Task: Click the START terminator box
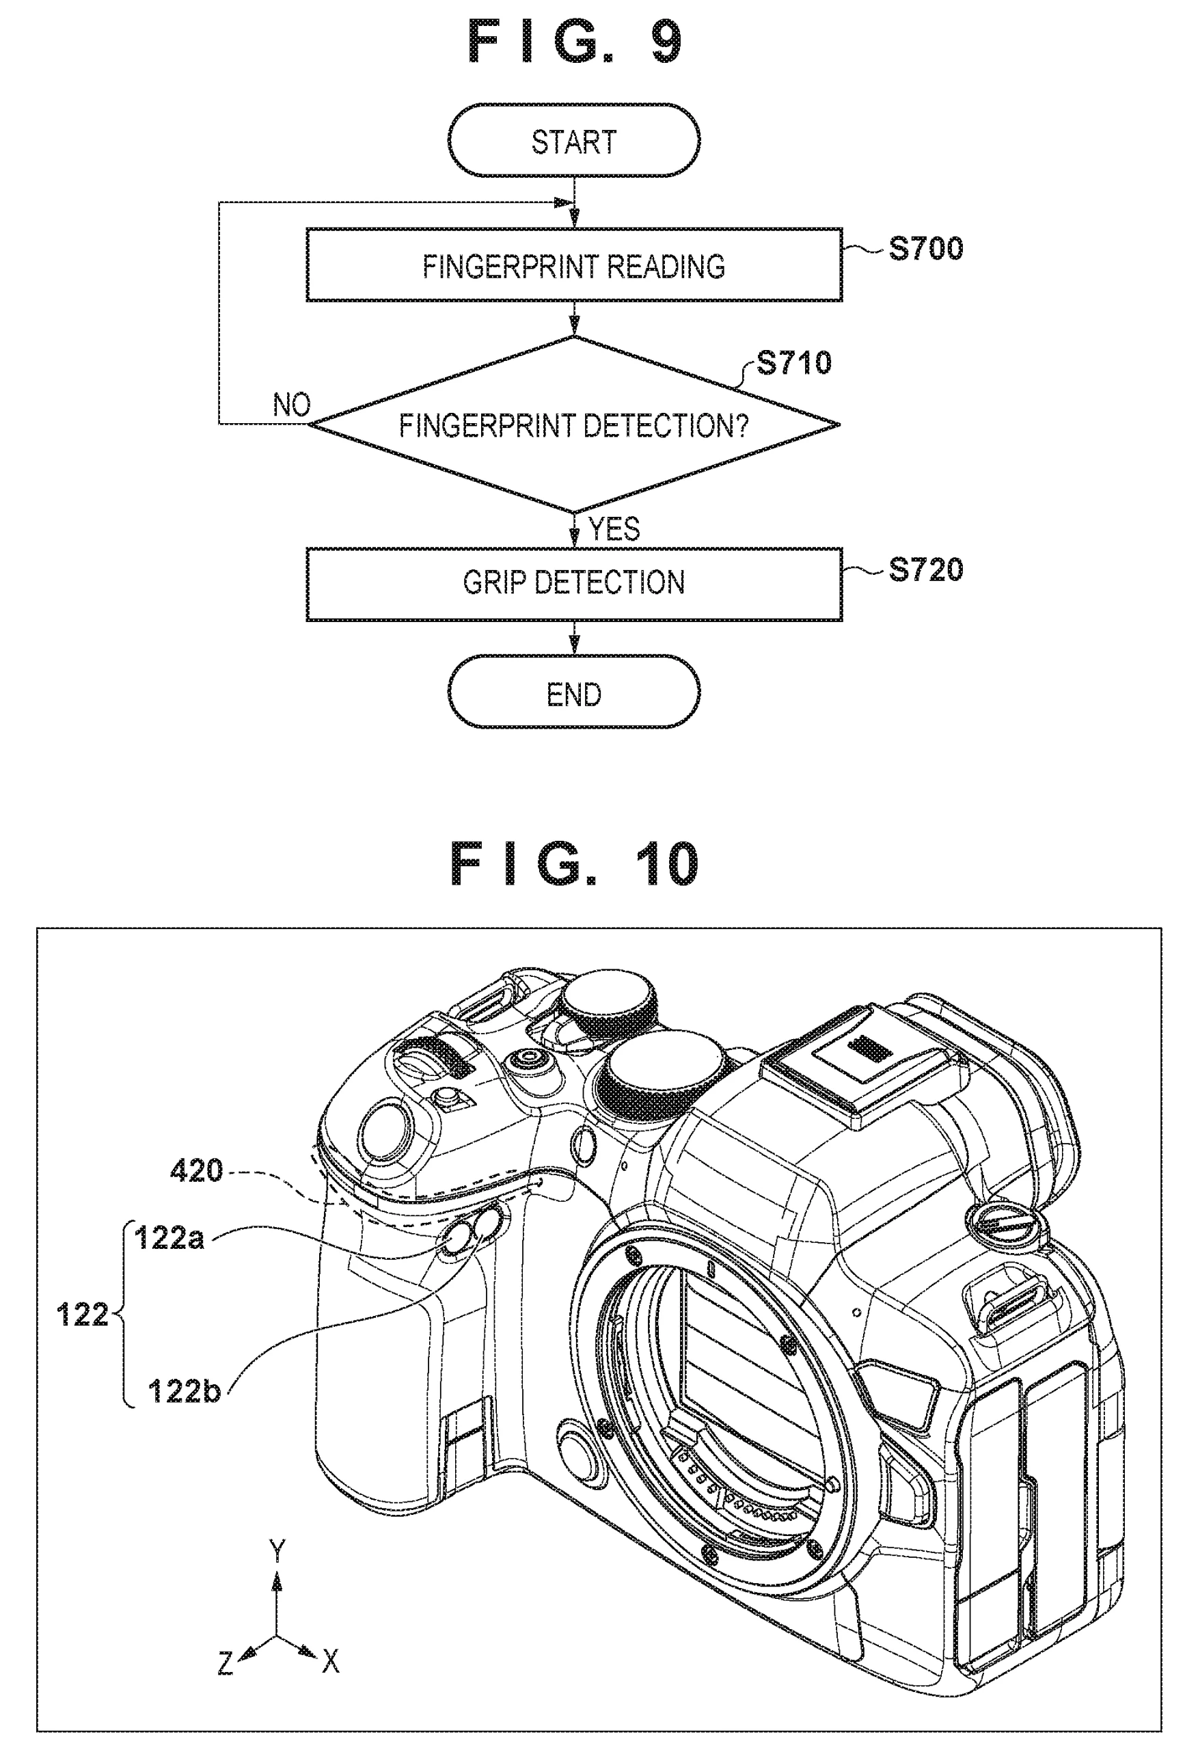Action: coord(574,141)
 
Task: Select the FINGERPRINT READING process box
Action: coord(574,265)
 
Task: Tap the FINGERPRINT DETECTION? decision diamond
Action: coord(574,425)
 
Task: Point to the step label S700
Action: coord(925,249)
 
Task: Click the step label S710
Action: coord(793,363)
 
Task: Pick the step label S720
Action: coord(925,570)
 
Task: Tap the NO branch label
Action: coord(291,405)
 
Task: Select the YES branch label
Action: coord(614,529)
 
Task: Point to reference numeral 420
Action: coord(197,1171)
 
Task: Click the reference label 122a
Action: coord(169,1238)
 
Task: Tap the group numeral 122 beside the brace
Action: coord(82,1315)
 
